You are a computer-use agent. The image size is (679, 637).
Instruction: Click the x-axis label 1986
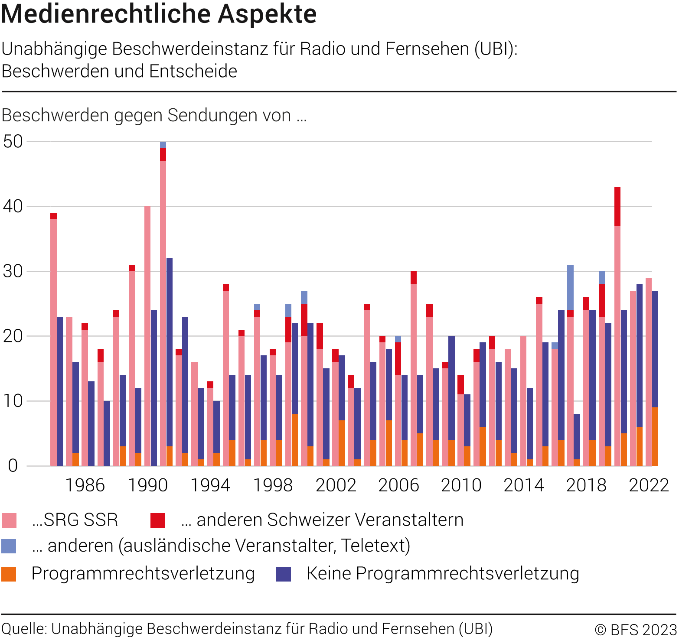pos(85,485)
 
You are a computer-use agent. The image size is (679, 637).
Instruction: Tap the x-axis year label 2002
pos(336,485)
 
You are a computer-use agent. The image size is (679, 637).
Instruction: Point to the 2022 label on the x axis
pos(649,485)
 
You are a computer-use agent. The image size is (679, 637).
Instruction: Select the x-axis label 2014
pos(523,485)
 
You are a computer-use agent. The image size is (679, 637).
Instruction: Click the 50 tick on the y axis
pos(13,141)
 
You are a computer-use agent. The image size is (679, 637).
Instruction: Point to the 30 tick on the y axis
pos(13,271)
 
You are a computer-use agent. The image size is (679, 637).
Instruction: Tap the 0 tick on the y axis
pos(13,466)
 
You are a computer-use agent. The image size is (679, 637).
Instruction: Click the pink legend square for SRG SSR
pos(9,520)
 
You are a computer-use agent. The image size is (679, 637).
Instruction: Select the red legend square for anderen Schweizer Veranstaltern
pos(157,520)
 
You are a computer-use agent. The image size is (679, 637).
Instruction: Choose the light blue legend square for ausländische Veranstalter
pos(9,546)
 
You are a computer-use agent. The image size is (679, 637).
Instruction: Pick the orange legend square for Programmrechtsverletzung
pos(9,574)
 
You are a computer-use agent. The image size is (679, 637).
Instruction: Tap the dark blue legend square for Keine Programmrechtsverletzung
pos(284,574)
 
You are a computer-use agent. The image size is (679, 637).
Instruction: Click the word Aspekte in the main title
pos(267,14)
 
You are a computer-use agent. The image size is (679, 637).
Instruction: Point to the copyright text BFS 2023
pos(636,629)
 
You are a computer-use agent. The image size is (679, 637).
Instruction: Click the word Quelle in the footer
pos(24,629)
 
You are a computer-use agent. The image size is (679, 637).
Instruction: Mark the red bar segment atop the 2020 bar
pos(617,206)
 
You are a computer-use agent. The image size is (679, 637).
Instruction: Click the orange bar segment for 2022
pos(655,436)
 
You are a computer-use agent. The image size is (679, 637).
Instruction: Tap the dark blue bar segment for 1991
pos(170,352)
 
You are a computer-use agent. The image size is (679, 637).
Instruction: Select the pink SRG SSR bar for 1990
pos(147,336)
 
